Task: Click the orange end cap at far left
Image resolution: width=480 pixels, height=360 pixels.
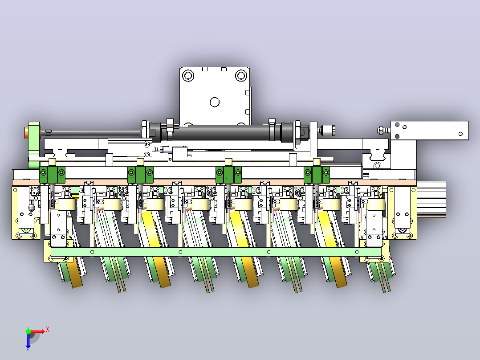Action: [x=27, y=133]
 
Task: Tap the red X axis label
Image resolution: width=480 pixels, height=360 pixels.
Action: [x=48, y=330]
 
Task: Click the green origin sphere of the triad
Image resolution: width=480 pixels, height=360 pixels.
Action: [x=28, y=331]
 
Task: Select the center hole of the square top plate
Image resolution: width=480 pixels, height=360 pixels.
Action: [x=215, y=102]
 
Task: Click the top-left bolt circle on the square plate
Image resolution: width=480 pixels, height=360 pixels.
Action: [x=188, y=75]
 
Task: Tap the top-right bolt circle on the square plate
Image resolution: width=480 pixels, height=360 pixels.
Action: [x=241, y=75]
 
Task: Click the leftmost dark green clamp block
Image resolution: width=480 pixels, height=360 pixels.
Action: [x=53, y=175]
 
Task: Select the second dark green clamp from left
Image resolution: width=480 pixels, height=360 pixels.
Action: [x=141, y=175]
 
